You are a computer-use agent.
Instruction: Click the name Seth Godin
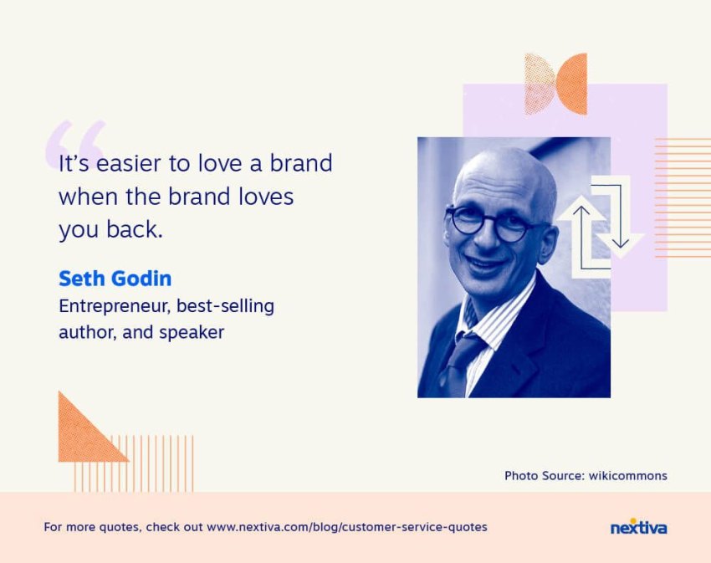click(x=115, y=279)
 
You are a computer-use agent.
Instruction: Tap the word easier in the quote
click(x=128, y=163)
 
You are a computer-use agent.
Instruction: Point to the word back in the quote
click(x=135, y=229)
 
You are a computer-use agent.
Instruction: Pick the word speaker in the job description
click(x=192, y=333)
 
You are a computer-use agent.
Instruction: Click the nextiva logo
click(x=638, y=527)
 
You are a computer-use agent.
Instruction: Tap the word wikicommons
click(x=627, y=475)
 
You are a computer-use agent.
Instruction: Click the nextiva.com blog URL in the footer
click(x=347, y=527)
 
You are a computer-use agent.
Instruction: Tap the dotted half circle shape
click(x=540, y=84)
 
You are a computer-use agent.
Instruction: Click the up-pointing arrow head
click(x=581, y=211)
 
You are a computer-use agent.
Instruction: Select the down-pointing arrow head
click(x=621, y=243)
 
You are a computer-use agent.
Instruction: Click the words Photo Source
click(x=545, y=475)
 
